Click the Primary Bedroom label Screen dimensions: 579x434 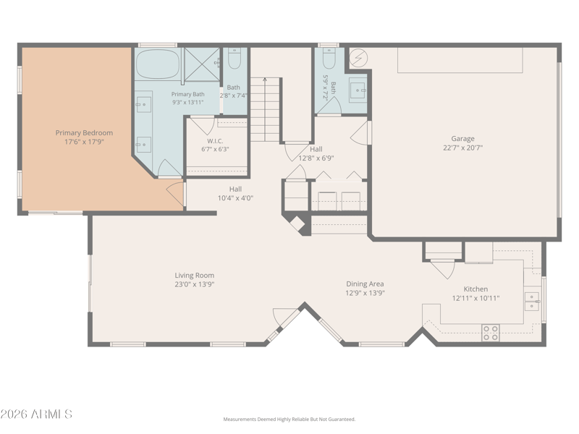[84, 133]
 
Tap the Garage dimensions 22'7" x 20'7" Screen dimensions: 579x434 [462, 148]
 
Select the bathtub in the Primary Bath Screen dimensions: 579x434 [158, 64]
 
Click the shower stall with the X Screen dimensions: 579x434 [202, 64]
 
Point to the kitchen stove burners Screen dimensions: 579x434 [491, 333]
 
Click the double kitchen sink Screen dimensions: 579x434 [532, 302]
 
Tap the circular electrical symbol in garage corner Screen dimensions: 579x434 [358, 58]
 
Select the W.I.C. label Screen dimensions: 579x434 [215, 141]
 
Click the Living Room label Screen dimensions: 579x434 [194, 276]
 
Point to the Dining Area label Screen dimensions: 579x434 [365, 284]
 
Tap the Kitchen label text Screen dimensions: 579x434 [476, 289]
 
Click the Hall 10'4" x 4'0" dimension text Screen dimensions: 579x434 [235, 198]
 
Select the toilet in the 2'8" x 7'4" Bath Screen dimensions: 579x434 [234, 59]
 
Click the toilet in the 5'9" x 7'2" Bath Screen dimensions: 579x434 [329, 59]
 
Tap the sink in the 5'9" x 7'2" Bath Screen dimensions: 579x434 [358, 90]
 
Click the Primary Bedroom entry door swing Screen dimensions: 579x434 [175, 194]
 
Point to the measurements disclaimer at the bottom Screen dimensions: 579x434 [289, 420]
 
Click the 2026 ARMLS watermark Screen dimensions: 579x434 [36, 414]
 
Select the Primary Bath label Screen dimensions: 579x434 [187, 95]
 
